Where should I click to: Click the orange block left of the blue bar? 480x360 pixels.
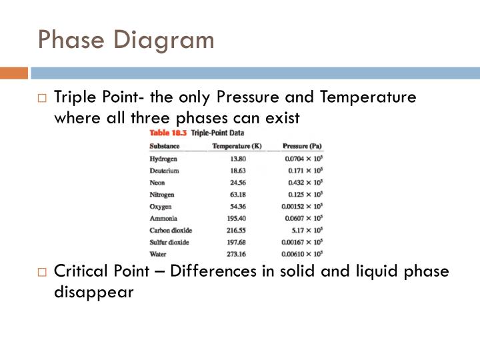[x=13, y=72]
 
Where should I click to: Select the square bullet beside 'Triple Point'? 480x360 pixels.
[x=42, y=99]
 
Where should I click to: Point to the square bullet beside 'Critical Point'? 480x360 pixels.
[x=42, y=273]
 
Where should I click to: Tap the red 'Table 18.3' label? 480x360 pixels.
[x=167, y=133]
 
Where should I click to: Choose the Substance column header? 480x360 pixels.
[x=164, y=145]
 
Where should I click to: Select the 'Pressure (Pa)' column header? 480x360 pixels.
[x=303, y=145]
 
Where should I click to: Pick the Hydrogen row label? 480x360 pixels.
[x=164, y=159]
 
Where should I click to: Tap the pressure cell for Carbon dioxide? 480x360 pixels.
[x=306, y=230]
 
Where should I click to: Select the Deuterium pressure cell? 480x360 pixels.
[x=305, y=171]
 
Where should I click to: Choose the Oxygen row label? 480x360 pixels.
[x=161, y=206]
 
